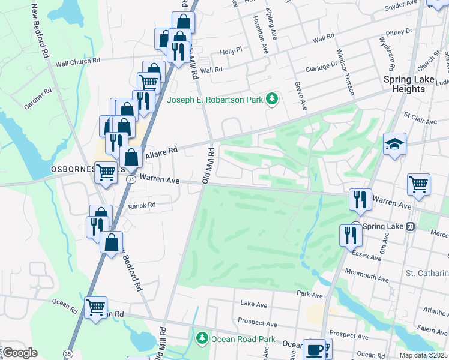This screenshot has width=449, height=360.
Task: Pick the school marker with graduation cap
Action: (x=394, y=144)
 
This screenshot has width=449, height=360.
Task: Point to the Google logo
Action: (x=20, y=352)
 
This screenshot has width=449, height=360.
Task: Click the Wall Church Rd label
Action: (x=77, y=61)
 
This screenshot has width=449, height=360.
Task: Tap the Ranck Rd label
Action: (x=142, y=205)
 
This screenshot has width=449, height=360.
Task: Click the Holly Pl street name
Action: (x=231, y=52)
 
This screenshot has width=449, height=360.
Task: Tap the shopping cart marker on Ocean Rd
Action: (x=96, y=307)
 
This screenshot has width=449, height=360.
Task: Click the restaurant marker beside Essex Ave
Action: (x=348, y=235)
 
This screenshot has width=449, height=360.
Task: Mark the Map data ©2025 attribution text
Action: (x=424, y=355)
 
